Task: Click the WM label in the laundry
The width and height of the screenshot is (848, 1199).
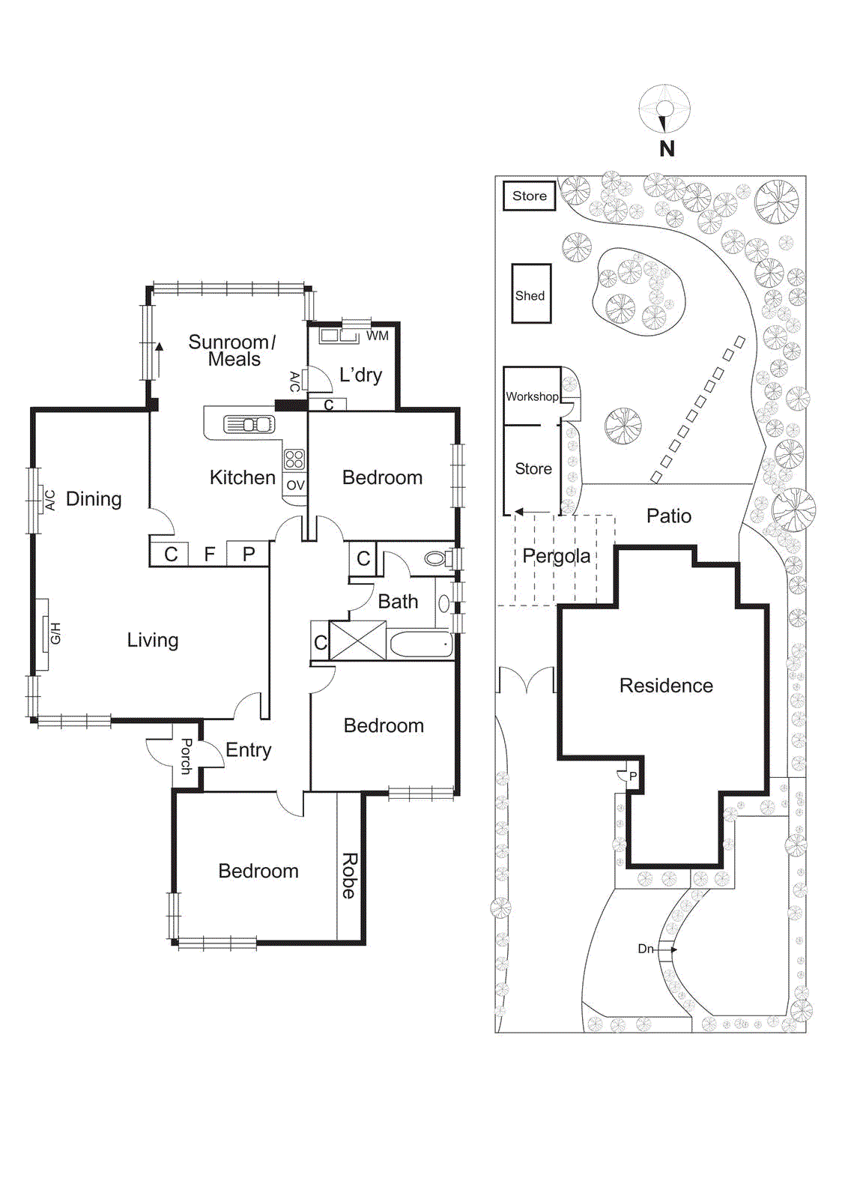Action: pyautogui.click(x=377, y=336)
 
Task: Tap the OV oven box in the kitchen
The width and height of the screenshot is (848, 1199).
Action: pyautogui.click(x=295, y=485)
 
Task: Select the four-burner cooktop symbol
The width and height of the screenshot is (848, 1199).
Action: pyautogui.click(x=294, y=459)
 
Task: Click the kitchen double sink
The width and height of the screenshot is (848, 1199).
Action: pyautogui.click(x=249, y=425)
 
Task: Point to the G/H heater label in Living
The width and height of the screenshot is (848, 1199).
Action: pyautogui.click(x=55, y=633)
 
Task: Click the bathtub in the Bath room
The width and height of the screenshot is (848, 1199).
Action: pyautogui.click(x=421, y=644)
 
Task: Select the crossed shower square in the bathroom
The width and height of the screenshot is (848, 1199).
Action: pyautogui.click(x=357, y=641)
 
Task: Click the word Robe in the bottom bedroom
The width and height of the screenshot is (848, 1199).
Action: pyautogui.click(x=349, y=875)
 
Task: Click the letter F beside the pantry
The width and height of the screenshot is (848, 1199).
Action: pyautogui.click(x=210, y=554)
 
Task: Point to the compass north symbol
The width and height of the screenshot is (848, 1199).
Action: pyautogui.click(x=664, y=110)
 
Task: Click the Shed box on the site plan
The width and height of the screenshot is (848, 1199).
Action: pyautogui.click(x=530, y=294)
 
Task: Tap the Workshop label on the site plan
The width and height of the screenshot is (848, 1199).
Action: pyautogui.click(x=531, y=396)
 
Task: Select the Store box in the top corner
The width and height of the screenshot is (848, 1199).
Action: pyautogui.click(x=529, y=196)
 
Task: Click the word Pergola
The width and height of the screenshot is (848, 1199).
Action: pyautogui.click(x=556, y=556)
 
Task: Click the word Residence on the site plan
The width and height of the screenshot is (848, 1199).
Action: pyautogui.click(x=665, y=686)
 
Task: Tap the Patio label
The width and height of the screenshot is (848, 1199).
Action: pyautogui.click(x=668, y=516)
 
